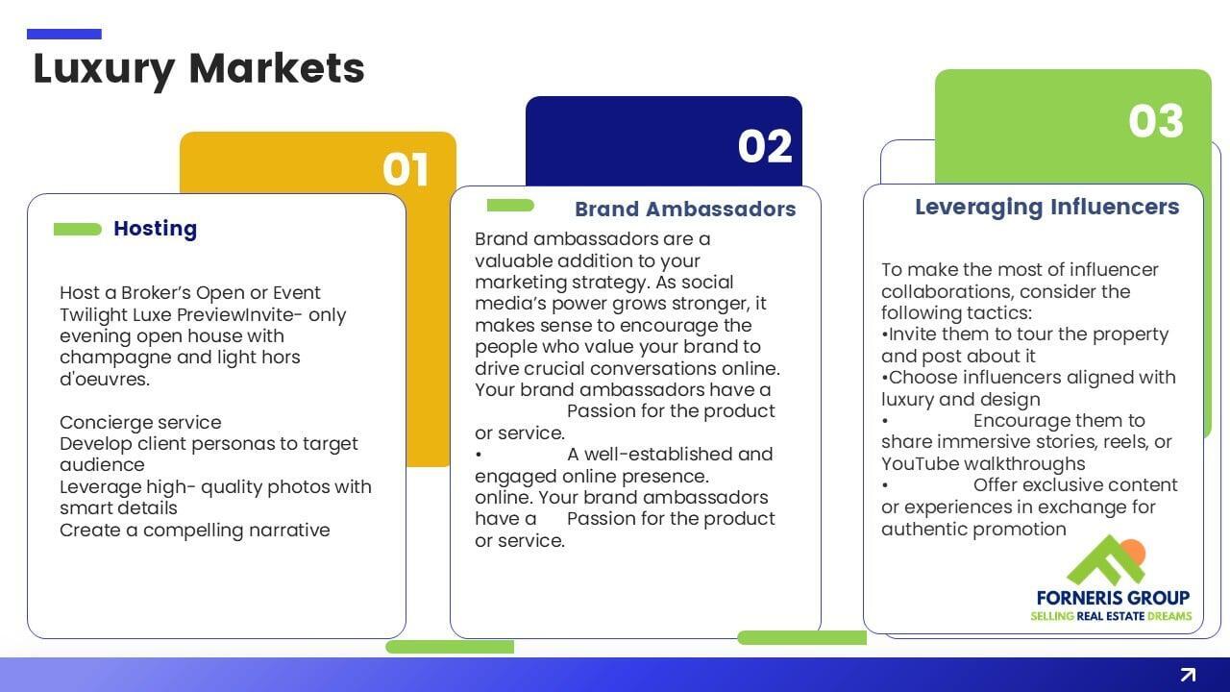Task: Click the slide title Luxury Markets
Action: click(x=199, y=69)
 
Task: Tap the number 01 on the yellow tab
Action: click(x=406, y=170)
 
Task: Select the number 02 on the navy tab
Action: click(x=765, y=147)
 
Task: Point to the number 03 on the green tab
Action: click(x=1156, y=121)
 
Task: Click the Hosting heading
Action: click(x=155, y=229)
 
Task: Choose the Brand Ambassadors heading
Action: click(x=685, y=210)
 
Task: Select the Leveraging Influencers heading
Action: click(x=1046, y=207)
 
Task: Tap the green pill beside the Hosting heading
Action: click(x=78, y=229)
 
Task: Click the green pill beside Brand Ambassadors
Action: click(x=510, y=205)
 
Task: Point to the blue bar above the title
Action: click(x=64, y=34)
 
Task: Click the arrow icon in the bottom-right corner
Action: click(x=1188, y=675)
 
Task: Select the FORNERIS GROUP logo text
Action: click(x=1113, y=598)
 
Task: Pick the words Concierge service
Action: click(x=140, y=422)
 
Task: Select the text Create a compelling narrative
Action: click(x=194, y=531)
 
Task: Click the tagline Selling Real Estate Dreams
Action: click(x=1111, y=616)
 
